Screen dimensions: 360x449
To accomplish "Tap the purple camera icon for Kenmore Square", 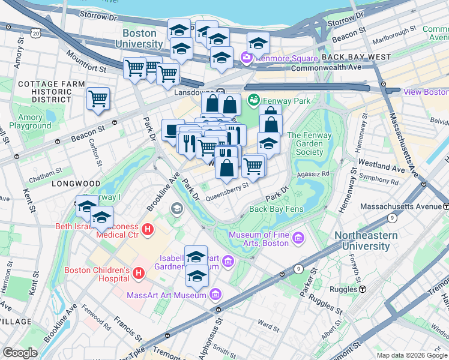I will click(x=246, y=58).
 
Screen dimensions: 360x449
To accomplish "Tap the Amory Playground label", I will click(x=34, y=122).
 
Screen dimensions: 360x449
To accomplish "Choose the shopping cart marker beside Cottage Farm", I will click(x=98, y=98).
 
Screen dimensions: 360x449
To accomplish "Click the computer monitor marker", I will click(x=173, y=130).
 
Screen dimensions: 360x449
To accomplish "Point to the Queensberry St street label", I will click(x=226, y=187).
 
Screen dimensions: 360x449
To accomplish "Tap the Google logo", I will click(x=20, y=353).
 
